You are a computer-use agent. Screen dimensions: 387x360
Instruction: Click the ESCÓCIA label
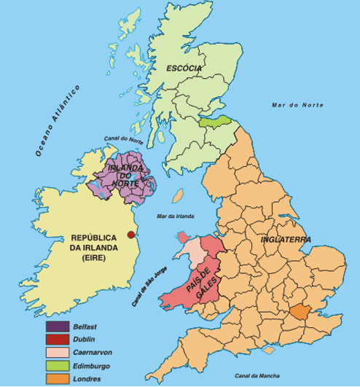[184, 69]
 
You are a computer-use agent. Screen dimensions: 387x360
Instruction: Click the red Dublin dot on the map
[131, 234]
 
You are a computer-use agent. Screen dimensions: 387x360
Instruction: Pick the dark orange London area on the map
[299, 313]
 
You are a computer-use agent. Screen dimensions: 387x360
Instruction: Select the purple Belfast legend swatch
[58, 327]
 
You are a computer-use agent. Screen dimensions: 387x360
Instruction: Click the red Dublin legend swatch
[58, 340]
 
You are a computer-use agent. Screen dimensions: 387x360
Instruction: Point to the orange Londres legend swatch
[58, 379]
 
